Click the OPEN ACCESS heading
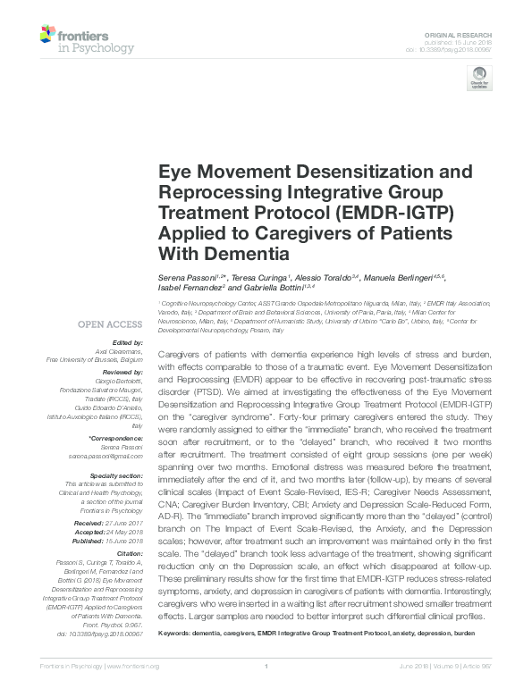[x=110, y=323]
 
